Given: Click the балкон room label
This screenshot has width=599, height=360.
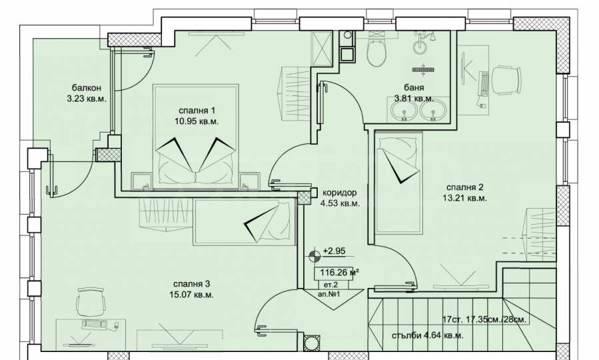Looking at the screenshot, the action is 87,89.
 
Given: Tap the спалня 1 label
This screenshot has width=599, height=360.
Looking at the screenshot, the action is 197,111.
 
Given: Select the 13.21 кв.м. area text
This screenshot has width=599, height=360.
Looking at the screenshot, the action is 467,198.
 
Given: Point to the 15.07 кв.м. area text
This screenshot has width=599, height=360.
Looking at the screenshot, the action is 191,295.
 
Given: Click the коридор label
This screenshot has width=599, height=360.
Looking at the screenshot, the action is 340,193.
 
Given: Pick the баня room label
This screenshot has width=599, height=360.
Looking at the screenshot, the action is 414,88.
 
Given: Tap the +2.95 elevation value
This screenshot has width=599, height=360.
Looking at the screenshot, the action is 334,251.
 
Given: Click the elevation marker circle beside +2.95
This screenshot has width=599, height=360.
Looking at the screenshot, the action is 314,255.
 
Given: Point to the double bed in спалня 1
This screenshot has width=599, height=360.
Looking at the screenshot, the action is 196,137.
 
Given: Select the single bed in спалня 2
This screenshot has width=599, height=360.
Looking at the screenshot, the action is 400,183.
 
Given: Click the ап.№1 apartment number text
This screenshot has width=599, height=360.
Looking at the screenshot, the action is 328,295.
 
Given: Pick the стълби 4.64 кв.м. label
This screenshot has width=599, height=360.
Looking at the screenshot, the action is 428,335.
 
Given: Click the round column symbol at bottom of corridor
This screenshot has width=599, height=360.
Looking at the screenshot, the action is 312,343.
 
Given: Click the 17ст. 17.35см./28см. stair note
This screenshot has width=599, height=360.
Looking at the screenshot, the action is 484,319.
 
